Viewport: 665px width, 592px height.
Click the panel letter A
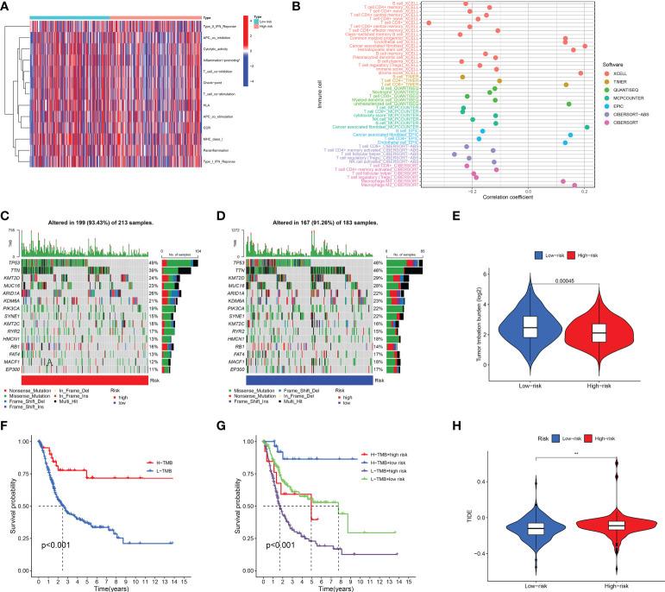click(x=6, y=6)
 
